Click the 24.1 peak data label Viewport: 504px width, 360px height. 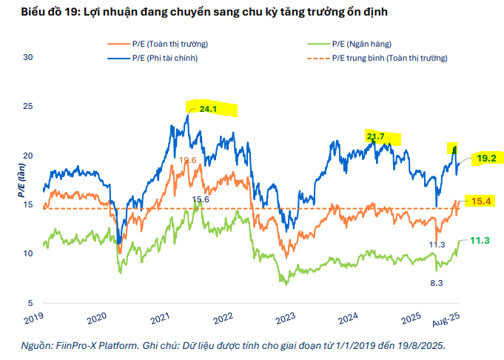point(208,109)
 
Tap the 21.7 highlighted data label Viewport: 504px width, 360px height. point(376,136)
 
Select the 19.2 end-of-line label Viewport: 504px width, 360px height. point(486,158)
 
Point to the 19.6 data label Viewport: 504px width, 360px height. point(188,160)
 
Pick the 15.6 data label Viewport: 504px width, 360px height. point(201,200)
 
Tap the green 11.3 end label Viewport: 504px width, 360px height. point(481,240)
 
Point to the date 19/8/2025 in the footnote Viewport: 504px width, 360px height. point(417,345)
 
